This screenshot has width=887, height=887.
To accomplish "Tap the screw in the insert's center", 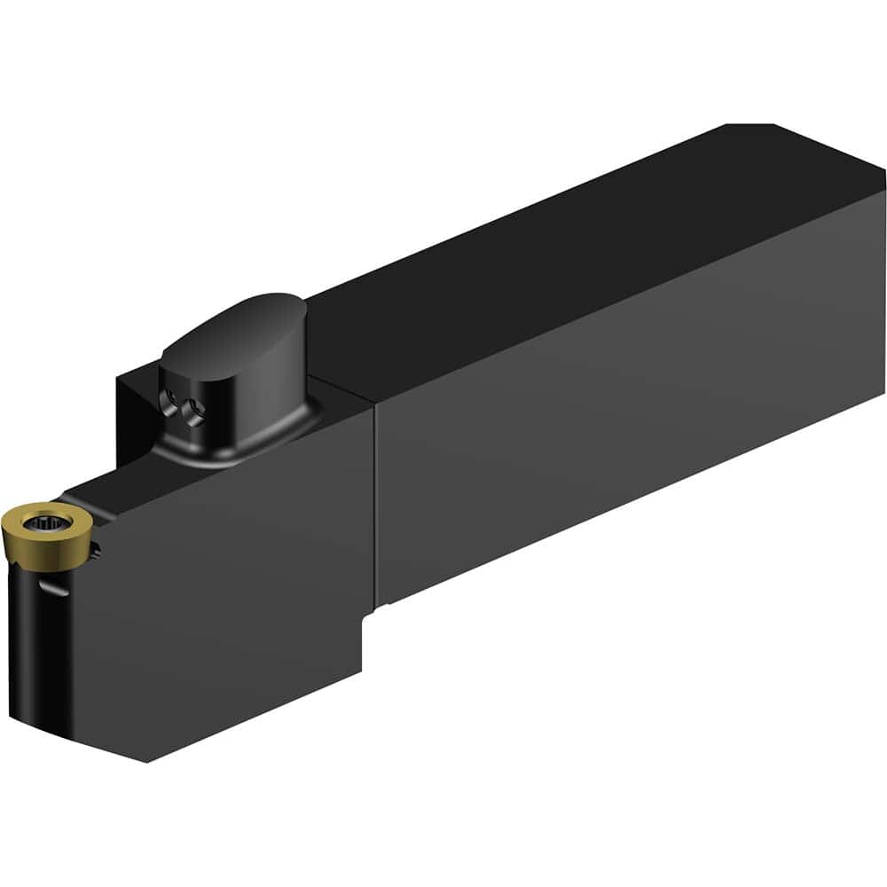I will pyautogui.click(x=40, y=518).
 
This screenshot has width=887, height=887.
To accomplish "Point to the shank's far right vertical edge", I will pyautogui.click(x=883, y=293).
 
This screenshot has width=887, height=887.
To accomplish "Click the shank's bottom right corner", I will pyautogui.click(x=883, y=395).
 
